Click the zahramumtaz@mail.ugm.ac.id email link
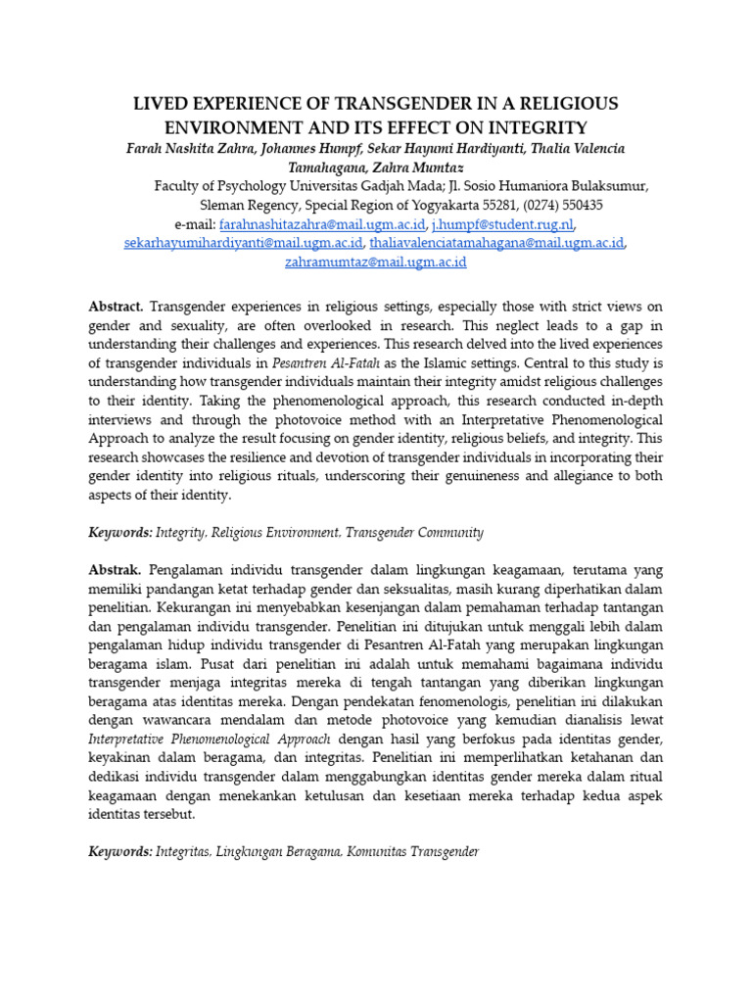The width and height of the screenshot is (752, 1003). click(375, 262)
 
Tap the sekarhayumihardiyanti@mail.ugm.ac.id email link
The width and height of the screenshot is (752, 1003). click(244, 243)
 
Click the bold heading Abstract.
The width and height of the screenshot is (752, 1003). click(116, 306)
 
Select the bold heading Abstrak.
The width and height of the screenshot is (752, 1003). click(115, 569)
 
